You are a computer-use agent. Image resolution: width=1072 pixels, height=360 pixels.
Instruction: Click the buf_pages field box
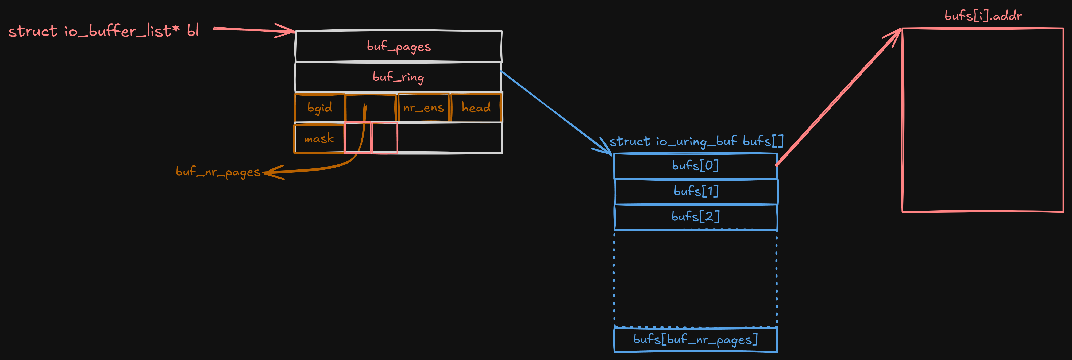[x=398, y=46]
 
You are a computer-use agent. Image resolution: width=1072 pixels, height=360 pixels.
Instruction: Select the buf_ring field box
[x=398, y=77]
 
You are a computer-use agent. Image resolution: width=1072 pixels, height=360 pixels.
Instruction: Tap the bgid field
[x=320, y=108]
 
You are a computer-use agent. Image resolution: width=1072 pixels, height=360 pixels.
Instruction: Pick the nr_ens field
[x=424, y=108]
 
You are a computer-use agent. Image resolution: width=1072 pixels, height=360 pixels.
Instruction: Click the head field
[x=476, y=108]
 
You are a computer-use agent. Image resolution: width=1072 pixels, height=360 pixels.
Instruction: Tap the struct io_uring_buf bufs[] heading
[x=696, y=141]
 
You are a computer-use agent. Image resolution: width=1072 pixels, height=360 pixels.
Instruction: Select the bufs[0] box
[x=695, y=166]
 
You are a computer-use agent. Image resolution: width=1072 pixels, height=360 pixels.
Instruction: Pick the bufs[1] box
[x=696, y=191]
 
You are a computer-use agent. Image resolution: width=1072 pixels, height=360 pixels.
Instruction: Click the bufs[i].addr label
[x=983, y=16]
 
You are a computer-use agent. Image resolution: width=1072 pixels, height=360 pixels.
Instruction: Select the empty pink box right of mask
[x=384, y=138]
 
